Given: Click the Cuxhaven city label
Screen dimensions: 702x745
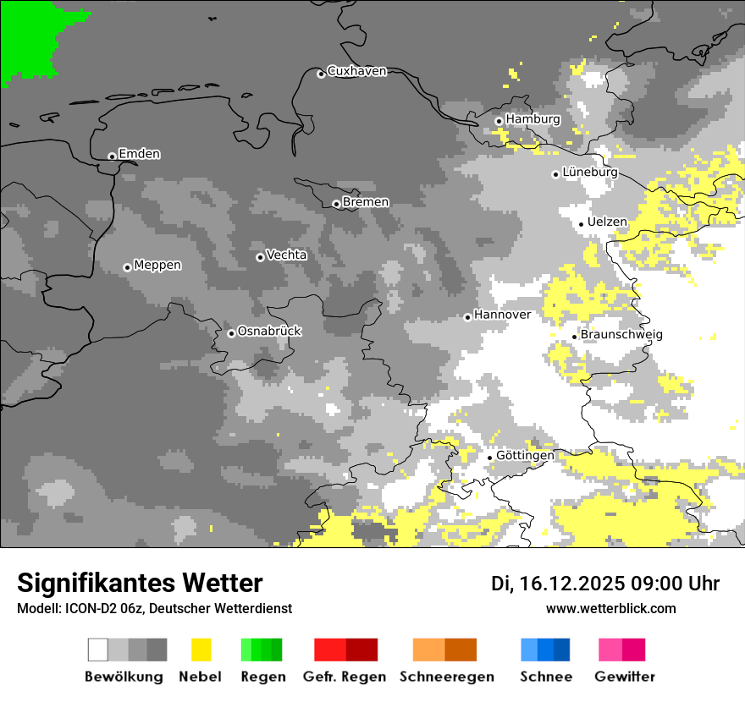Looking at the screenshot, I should click(x=356, y=71).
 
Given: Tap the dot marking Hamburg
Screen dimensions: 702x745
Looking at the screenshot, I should click(x=499, y=121).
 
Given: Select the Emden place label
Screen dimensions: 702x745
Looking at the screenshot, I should click(x=139, y=154).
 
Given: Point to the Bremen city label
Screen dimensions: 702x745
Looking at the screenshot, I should click(x=366, y=202).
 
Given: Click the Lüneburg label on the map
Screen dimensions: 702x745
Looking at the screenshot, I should click(x=590, y=173).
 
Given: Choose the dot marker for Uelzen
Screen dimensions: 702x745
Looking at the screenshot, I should click(x=582, y=224).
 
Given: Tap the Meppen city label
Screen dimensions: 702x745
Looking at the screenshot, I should click(x=157, y=266).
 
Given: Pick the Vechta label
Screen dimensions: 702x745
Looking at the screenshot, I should click(x=286, y=255).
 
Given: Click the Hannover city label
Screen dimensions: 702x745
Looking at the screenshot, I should click(x=502, y=315).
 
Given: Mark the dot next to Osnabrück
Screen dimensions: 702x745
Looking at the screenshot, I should click(x=231, y=333).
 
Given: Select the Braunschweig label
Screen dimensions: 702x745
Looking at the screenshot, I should click(x=621, y=335).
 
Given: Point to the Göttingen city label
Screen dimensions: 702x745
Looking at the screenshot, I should click(x=525, y=456).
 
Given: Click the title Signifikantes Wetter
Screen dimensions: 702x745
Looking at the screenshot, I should click(x=140, y=583).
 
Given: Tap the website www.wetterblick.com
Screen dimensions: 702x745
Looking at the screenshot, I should click(x=610, y=608).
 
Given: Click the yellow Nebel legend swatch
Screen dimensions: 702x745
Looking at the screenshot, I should click(x=201, y=650).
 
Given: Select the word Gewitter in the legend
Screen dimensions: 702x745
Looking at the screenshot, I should click(x=624, y=677).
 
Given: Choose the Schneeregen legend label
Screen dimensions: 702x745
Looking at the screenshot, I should click(x=446, y=677).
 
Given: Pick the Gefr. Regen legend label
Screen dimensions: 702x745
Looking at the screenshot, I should click(x=345, y=677).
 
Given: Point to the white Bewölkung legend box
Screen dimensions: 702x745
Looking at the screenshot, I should click(x=98, y=650).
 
